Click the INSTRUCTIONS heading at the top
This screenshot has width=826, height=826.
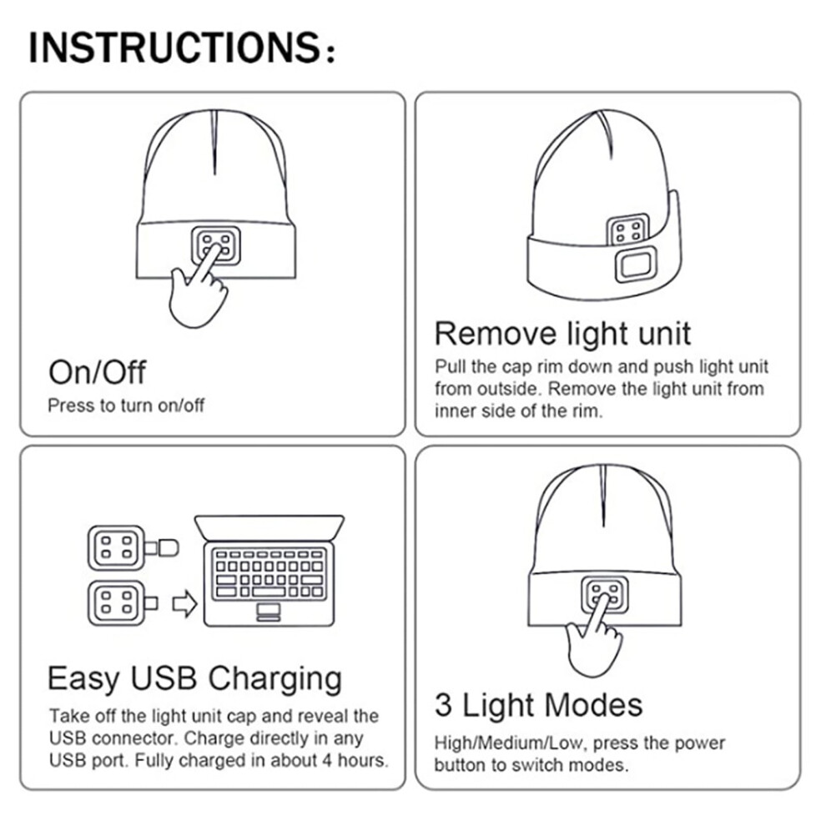pyautogui.click(x=182, y=48)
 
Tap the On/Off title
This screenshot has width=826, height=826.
pyautogui.click(x=97, y=372)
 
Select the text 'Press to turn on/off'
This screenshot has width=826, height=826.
pyautogui.click(x=126, y=405)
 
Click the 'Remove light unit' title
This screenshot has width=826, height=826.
pyautogui.click(x=562, y=334)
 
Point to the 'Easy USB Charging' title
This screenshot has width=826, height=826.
pyautogui.click(x=195, y=678)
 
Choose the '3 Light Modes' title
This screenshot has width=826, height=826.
pyautogui.click(x=538, y=705)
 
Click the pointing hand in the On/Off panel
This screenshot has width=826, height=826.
pyautogui.click(x=197, y=288)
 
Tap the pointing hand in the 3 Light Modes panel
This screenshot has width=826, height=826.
pyautogui.click(x=592, y=637)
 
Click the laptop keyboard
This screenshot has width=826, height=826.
pyautogui.click(x=269, y=572)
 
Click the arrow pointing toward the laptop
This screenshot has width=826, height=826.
pyautogui.click(x=185, y=604)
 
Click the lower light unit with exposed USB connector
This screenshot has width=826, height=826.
pyautogui.click(x=122, y=603)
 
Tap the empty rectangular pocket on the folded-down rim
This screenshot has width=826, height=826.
pyautogui.click(x=637, y=266)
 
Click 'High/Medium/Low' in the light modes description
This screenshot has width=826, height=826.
pyautogui.click(x=509, y=743)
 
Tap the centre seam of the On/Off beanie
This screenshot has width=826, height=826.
pyautogui.click(x=214, y=142)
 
